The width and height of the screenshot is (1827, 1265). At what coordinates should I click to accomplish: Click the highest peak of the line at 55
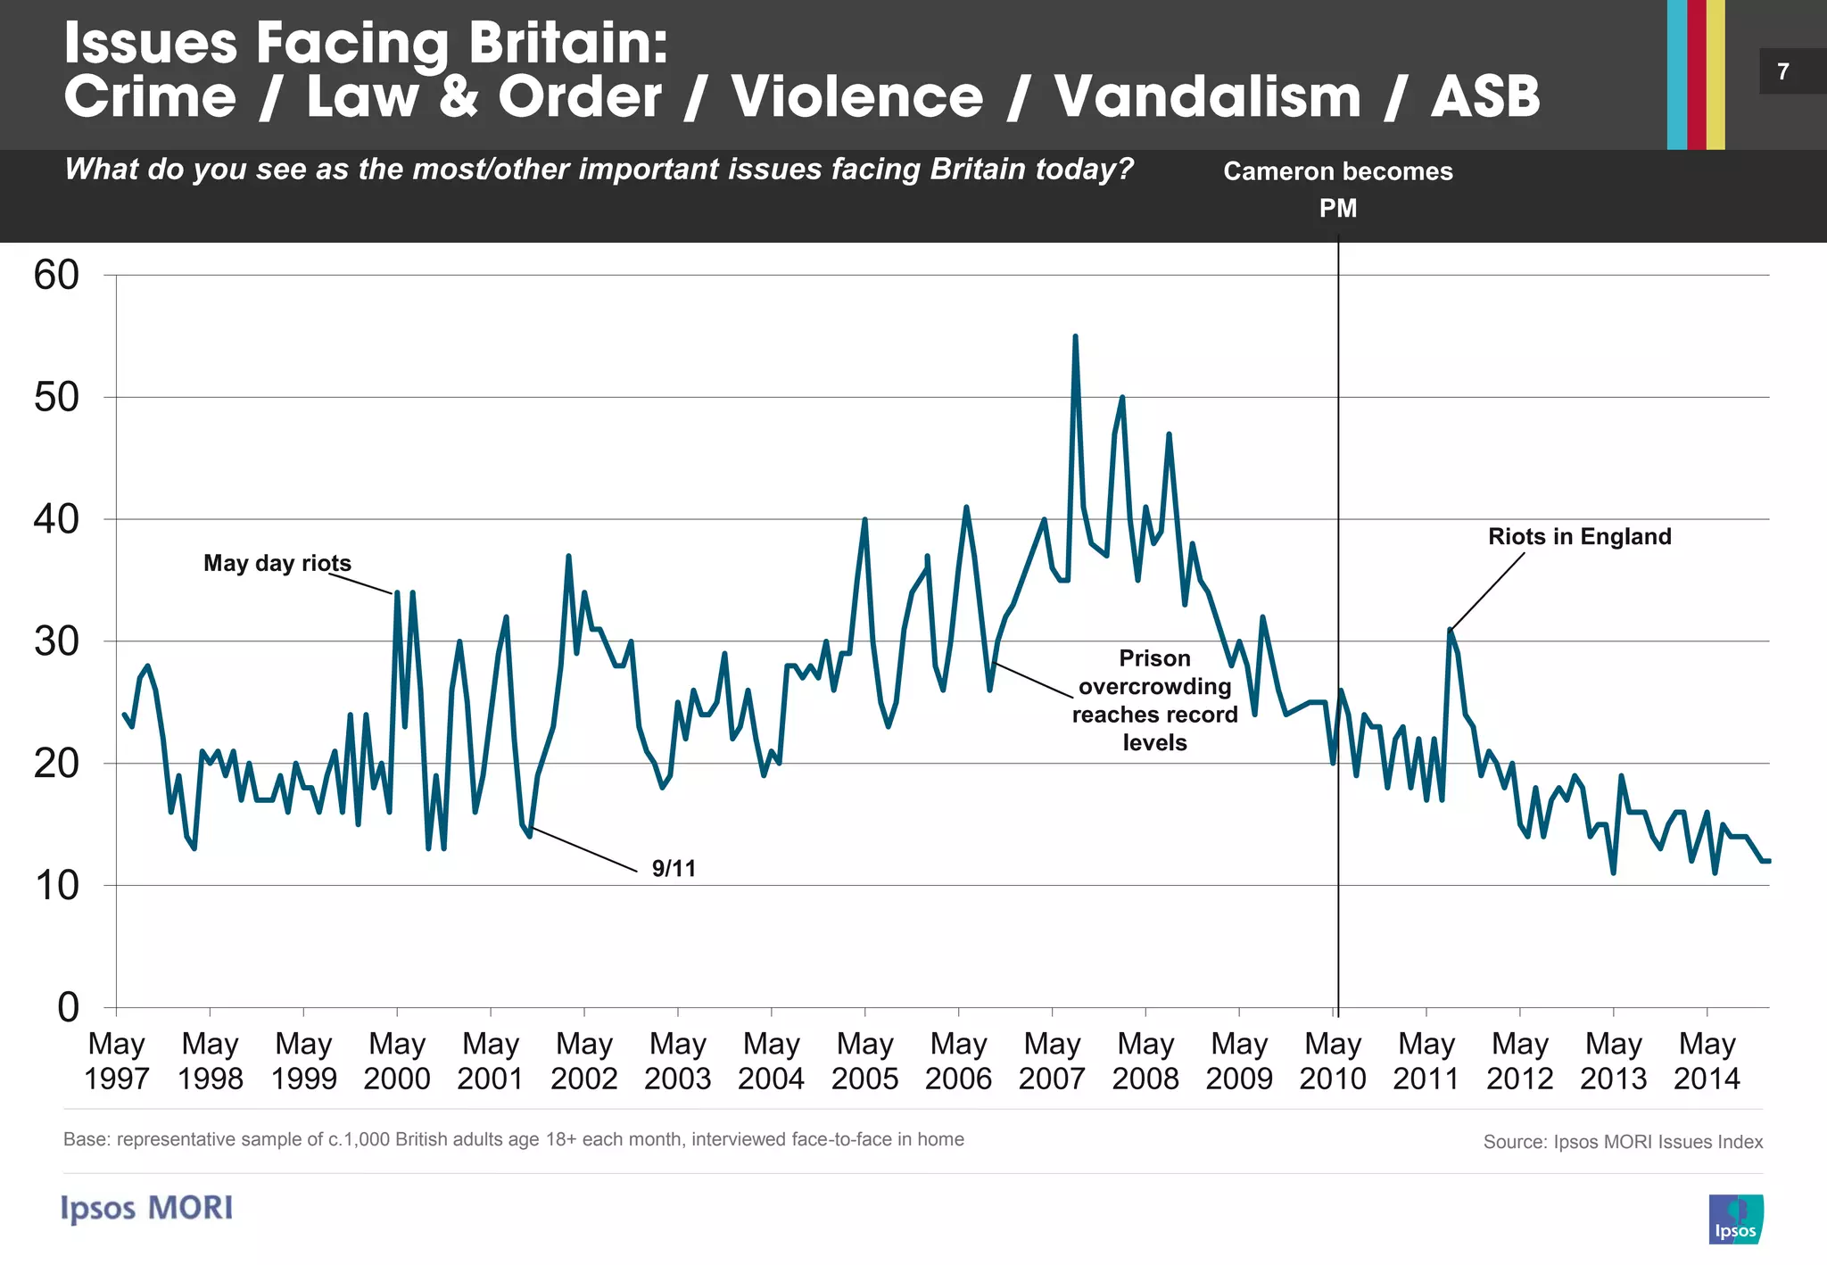coord(1075,337)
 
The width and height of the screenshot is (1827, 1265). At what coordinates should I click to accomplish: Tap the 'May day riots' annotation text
coord(277,563)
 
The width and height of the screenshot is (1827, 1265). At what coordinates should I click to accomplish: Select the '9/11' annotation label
coord(674,868)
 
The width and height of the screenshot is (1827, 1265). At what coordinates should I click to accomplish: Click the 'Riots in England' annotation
coord(1579,536)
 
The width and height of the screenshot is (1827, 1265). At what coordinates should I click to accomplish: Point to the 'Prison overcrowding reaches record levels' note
coord(1154,700)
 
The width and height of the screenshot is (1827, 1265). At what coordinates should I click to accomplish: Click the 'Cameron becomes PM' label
coord(1337,188)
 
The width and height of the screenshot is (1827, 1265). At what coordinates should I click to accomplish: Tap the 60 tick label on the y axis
coord(56,276)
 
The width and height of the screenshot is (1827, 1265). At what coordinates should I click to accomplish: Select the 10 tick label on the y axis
coord(56,886)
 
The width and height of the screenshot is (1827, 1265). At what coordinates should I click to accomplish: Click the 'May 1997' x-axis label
coord(116,1061)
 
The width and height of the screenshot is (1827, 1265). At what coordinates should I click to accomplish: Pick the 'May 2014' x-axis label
coord(1706,1061)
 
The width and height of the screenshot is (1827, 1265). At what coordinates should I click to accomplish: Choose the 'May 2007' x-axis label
coord(1052,1061)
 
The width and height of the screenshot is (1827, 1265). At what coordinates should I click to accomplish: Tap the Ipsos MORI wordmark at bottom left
coord(147,1208)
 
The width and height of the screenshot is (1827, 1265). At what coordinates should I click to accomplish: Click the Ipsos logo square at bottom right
coord(1735,1219)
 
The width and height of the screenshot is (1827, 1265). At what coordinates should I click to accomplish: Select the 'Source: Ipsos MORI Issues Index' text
coord(1622,1142)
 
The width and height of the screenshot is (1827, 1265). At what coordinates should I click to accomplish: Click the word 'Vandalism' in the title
coord(1207,96)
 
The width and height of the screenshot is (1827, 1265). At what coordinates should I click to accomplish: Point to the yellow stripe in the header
coord(1715,75)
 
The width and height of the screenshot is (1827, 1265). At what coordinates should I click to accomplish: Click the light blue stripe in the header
coord(1676,75)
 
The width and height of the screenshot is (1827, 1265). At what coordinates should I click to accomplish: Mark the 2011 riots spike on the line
coord(1450,630)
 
